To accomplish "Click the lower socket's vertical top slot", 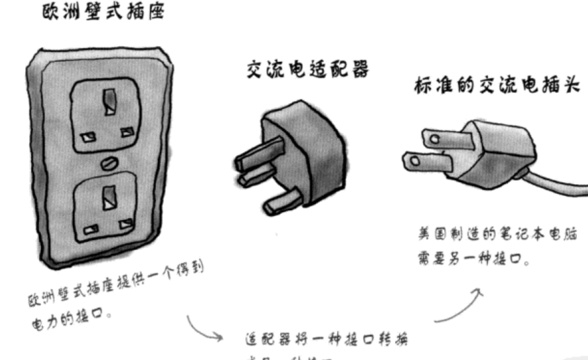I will (x=110, y=200).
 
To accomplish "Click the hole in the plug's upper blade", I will (x=434, y=138).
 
